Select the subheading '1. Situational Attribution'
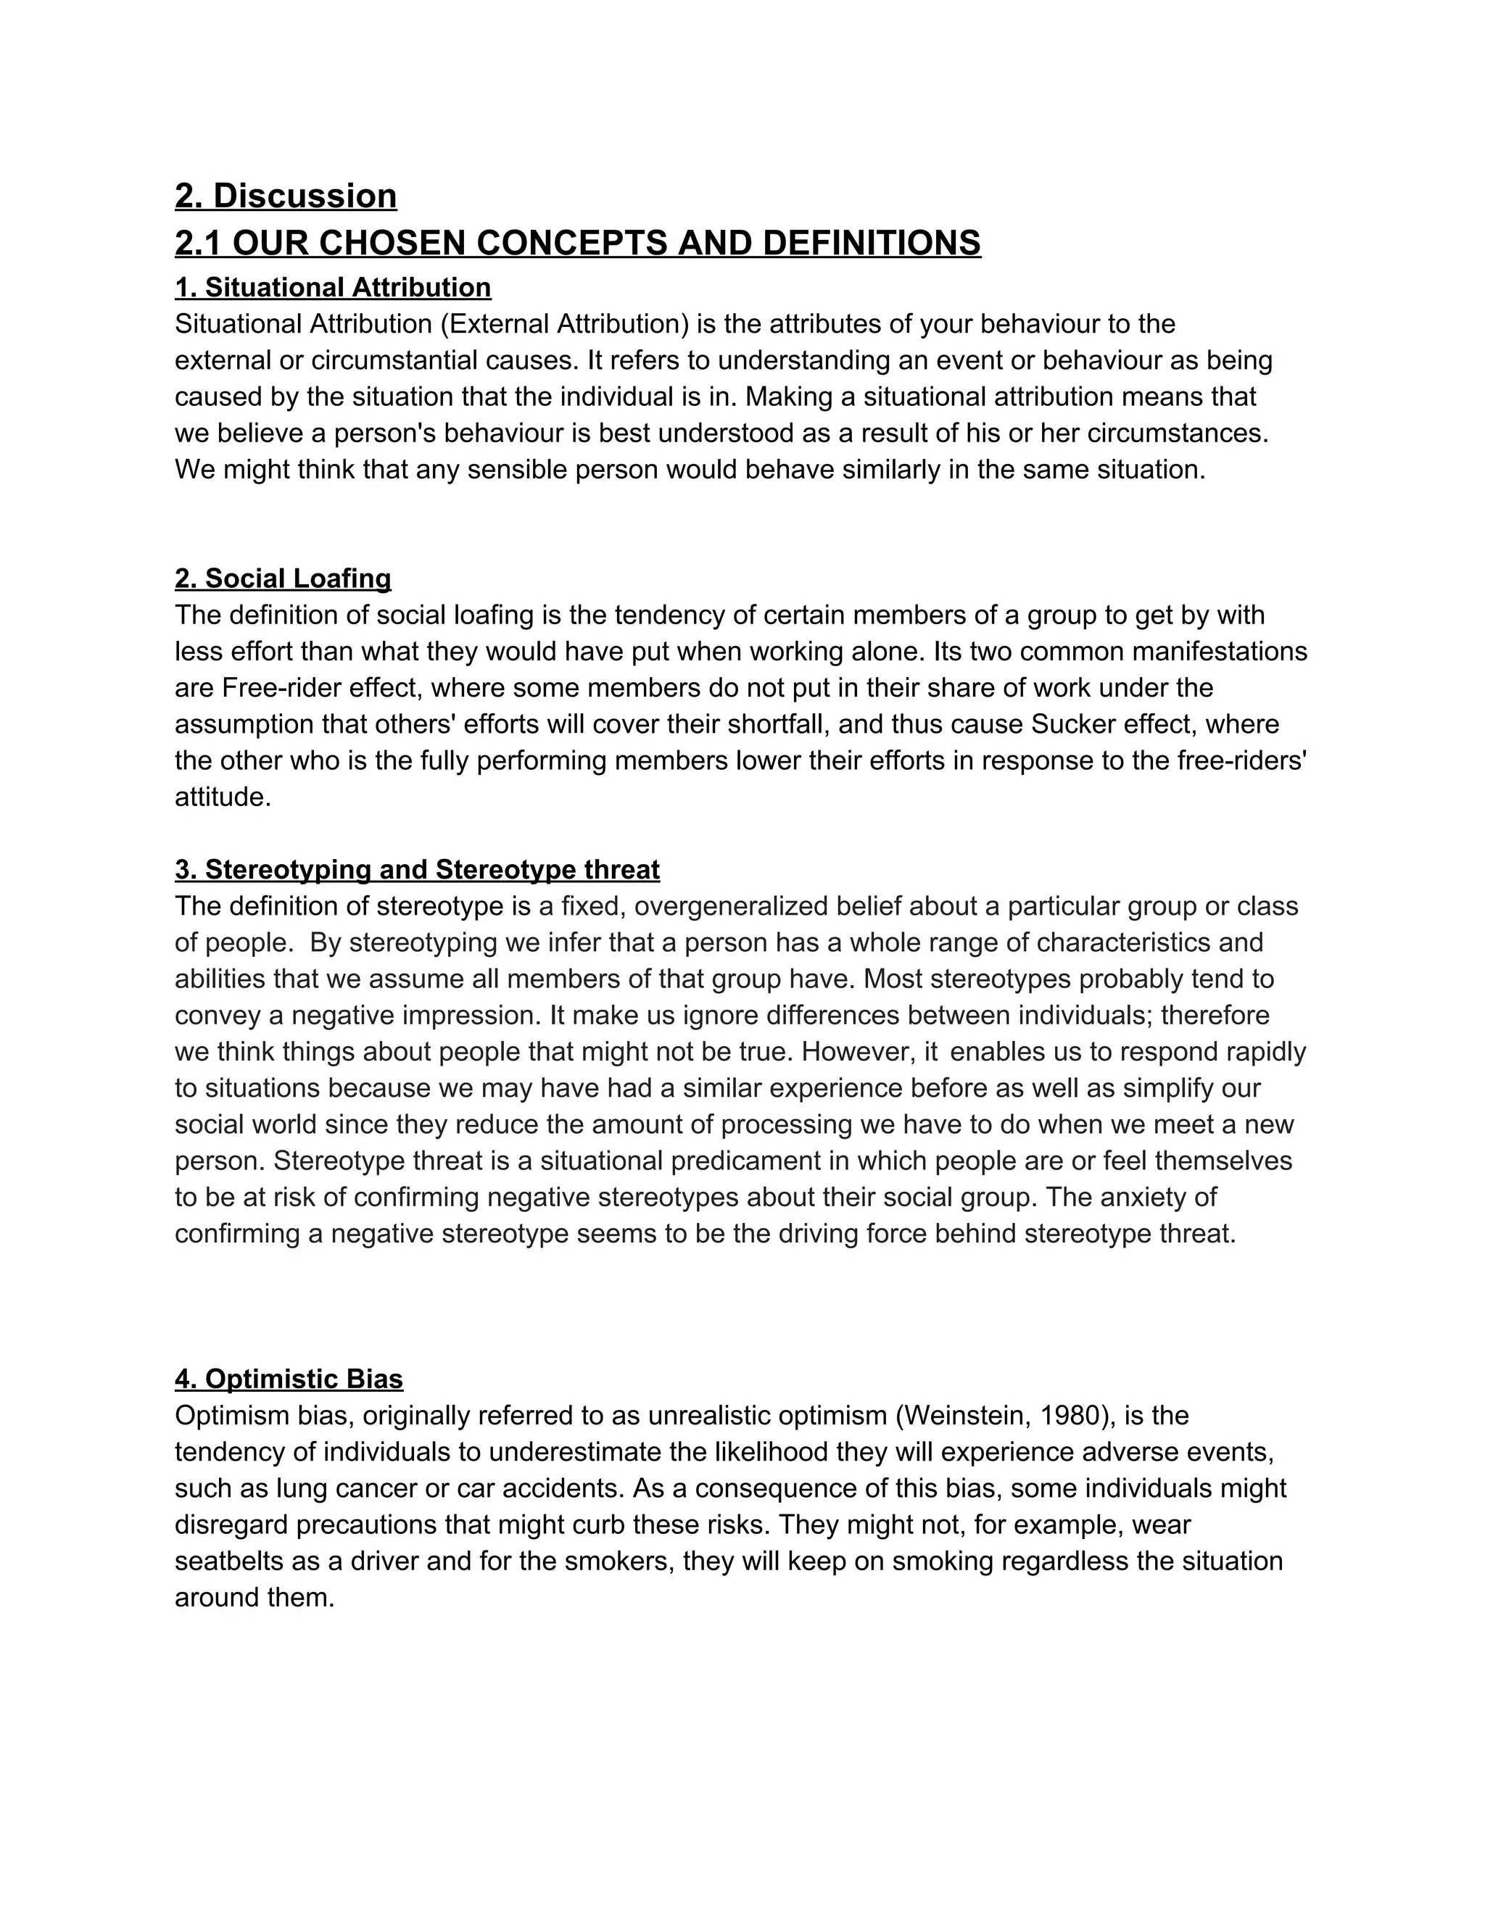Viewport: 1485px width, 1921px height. click(333, 288)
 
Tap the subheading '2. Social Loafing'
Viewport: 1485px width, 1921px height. click(282, 578)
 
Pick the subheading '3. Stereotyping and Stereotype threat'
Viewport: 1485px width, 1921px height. click(417, 869)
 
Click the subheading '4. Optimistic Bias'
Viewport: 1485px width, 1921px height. click(289, 1378)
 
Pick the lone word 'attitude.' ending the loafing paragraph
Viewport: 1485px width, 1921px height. click(223, 797)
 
